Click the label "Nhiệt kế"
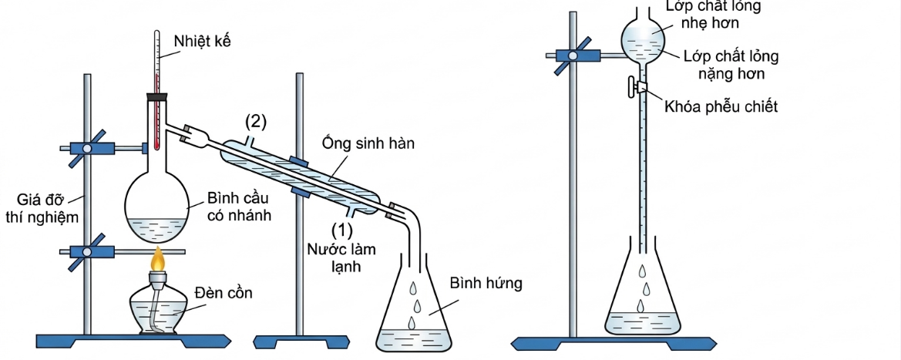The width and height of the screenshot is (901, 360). pos(202,41)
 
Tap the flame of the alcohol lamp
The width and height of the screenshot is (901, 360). pos(158,260)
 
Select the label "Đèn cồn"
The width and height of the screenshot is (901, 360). pos(224,293)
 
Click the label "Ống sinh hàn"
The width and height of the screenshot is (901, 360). pos(369,143)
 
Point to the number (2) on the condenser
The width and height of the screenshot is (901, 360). pos(256,121)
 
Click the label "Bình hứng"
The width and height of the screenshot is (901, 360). pos(486,283)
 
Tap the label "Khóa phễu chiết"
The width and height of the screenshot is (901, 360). pos(721,107)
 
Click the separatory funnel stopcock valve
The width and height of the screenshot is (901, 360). pos(639,87)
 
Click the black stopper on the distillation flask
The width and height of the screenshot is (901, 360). pos(156,96)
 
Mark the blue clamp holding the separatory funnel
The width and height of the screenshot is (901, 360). pos(574,55)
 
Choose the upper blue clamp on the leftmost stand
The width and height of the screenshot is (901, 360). pos(88,148)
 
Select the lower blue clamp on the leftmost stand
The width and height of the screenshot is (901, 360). pos(88,251)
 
